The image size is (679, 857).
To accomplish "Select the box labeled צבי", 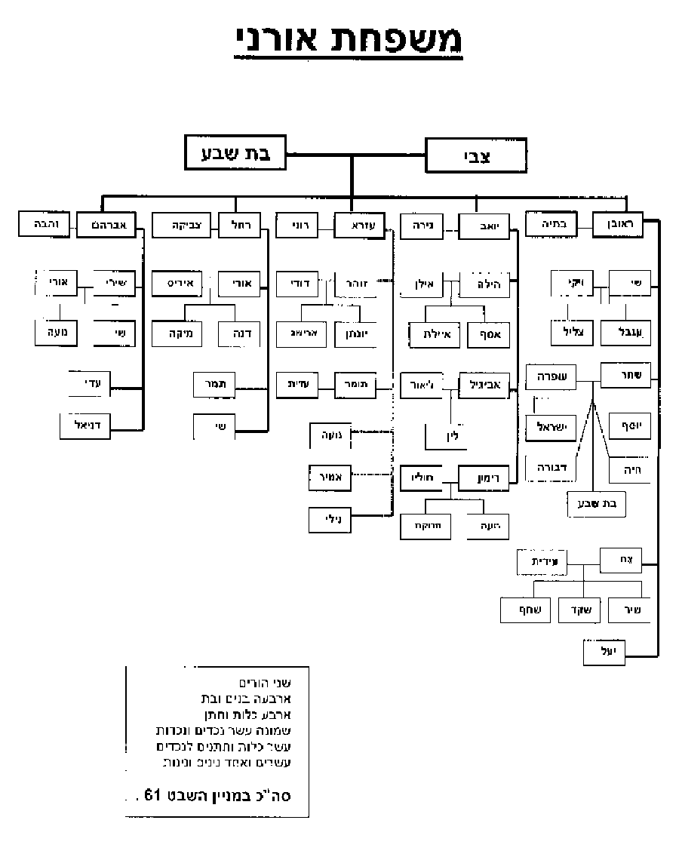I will pyautogui.click(x=475, y=157).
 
